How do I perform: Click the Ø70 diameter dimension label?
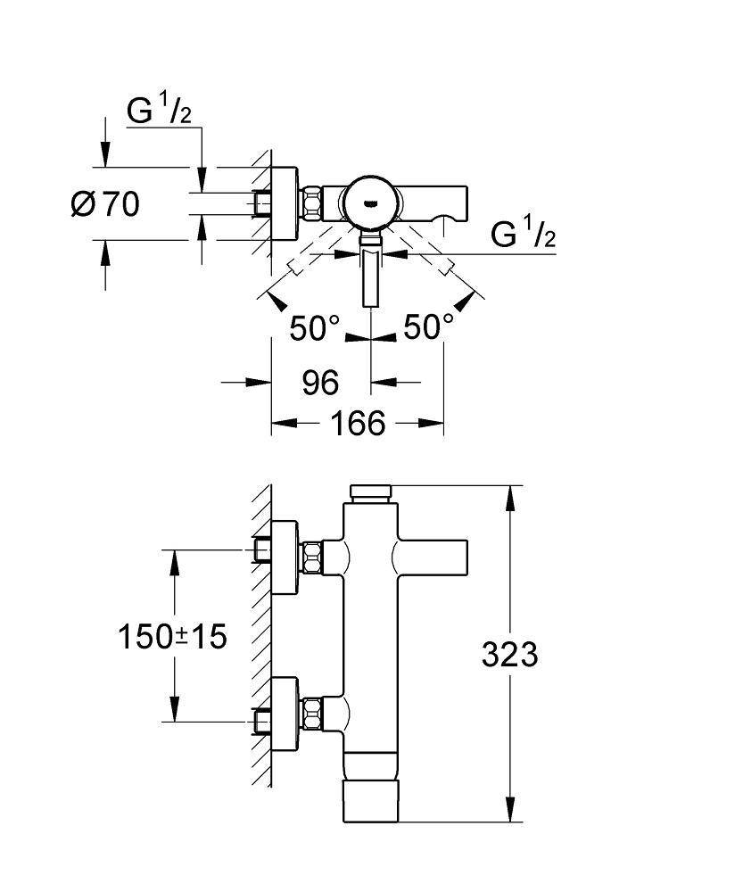(x=105, y=204)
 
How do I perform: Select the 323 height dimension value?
(x=510, y=655)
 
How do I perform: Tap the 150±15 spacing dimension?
(x=173, y=636)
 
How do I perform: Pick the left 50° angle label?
(x=315, y=327)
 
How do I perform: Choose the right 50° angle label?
(x=429, y=327)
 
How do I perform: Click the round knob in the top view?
(x=372, y=201)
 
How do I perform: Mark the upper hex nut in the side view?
(x=312, y=558)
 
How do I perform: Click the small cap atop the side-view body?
(x=372, y=491)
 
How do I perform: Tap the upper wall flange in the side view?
(x=285, y=558)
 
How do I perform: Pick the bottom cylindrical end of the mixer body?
(x=372, y=801)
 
